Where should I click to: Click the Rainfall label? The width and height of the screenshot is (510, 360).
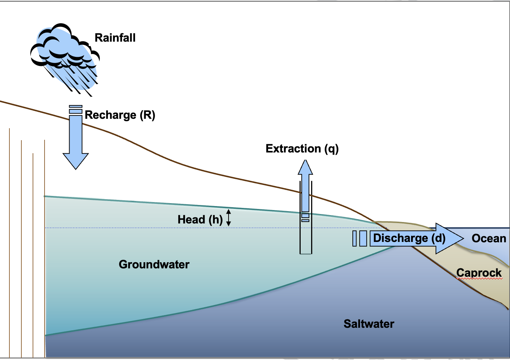(115, 38)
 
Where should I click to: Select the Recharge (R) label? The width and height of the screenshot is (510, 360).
(120, 115)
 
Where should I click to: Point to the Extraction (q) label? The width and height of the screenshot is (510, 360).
(302, 149)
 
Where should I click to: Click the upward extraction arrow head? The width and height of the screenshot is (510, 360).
(305, 167)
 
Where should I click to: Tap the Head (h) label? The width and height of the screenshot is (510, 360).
(200, 220)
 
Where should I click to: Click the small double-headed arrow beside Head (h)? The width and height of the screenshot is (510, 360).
(228, 218)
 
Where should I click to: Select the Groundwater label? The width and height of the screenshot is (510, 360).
(154, 264)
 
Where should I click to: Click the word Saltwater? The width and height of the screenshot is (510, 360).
(369, 324)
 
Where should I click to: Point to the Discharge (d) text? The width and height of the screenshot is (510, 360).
(409, 238)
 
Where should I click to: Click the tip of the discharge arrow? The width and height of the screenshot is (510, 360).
(464, 238)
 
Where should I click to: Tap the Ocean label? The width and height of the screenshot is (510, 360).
(489, 238)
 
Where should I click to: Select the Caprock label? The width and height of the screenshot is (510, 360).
(479, 273)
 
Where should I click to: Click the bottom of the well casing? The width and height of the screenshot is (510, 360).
(306, 254)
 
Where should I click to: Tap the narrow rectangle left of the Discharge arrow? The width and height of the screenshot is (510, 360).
(354, 238)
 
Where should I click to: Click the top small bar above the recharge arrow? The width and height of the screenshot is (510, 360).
(76, 106)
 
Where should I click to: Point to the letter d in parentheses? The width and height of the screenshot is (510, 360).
(439, 238)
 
